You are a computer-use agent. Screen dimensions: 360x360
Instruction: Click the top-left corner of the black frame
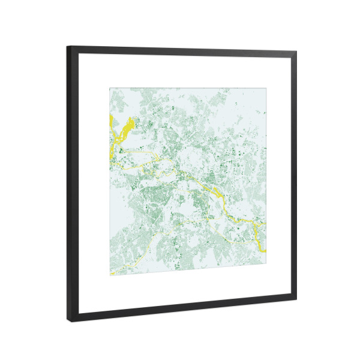(68, 47)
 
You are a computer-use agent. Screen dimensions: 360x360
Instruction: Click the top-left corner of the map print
(109, 88)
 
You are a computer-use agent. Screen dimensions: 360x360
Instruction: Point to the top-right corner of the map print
(265, 89)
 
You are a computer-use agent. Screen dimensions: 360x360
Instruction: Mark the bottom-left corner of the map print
(109, 275)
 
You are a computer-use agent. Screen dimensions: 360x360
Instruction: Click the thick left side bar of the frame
(72, 180)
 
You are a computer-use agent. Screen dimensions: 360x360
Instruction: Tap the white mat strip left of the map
(93, 180)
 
